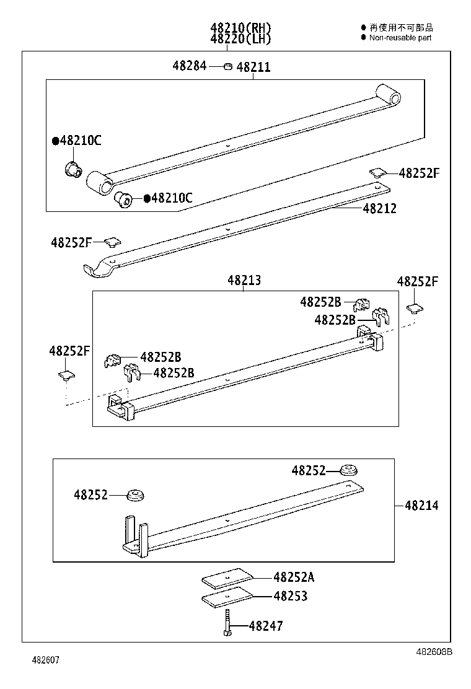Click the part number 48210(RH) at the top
pos(240,28)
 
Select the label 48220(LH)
pos(240,38)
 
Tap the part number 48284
pos(190,66)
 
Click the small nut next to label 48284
pos(227,66)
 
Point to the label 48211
pos(253,68)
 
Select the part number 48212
pos(379,209)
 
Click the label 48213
pos(244,281)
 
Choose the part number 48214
pos(421,506)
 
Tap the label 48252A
pos(294,577)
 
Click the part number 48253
pos(290,596)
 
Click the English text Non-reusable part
pos(400,38)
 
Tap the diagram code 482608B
pos(434,652)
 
